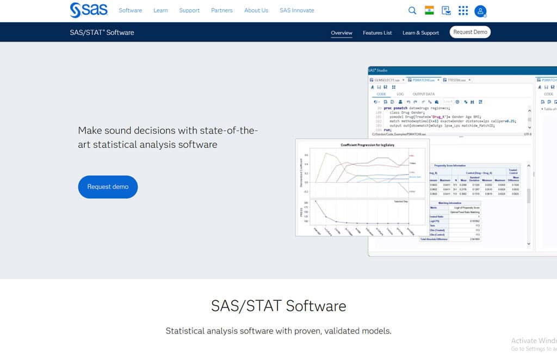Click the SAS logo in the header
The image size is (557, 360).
click(89, 10)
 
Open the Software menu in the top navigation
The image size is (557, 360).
click(130, 10)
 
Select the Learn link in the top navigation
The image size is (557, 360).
click(160, 10)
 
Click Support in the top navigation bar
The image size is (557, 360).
click(189, 10)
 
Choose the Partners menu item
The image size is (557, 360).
click(222, 10)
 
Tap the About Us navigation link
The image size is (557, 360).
click(256, 10)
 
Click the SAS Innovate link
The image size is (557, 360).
click(296, 10)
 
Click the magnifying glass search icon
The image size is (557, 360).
click(412, 10)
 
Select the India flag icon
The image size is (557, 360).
click(429, 10)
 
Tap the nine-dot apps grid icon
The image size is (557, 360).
click(463, 10)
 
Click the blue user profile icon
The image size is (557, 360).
click(480, 11)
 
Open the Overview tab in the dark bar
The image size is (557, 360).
click(342, 33)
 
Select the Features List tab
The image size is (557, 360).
click(377, 33)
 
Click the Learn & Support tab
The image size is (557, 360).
click(420, 33)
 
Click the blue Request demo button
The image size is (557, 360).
click(108, 187)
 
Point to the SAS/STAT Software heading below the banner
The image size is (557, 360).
click(278, 306)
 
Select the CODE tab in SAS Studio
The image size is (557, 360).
click(381, 94)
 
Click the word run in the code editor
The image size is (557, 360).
click(387, 130)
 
